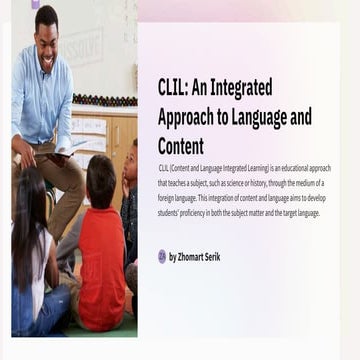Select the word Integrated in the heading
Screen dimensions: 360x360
point(242,88)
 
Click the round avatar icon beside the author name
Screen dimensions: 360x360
point(162,257)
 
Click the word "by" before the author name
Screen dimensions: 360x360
point(173,257)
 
